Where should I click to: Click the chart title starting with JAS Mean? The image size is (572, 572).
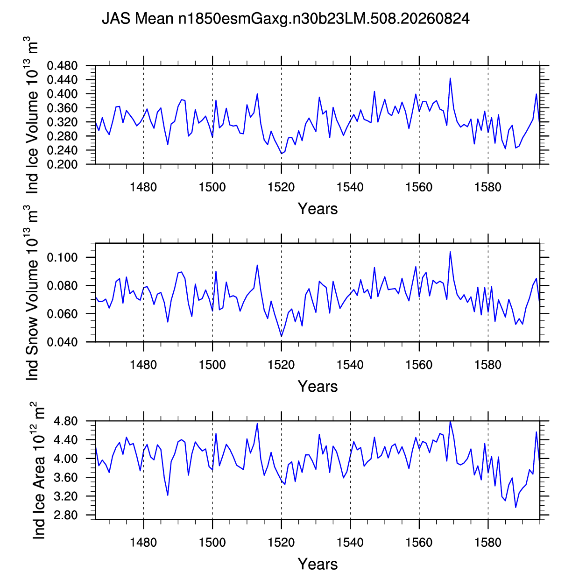[x=286, y=19]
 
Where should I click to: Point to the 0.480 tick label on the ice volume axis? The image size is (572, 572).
[x=62, y=66]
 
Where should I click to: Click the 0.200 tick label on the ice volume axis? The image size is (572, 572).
[x=62, y=164]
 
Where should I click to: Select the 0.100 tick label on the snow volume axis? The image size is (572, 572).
[x=62, y=257]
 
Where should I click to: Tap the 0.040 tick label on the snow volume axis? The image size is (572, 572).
[x=62, y=342]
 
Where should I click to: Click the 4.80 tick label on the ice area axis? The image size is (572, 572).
[x=65, y=421]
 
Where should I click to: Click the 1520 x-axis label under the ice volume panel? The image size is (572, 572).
[x=281, y=187]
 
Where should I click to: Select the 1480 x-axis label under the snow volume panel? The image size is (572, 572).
[x=143, y=365]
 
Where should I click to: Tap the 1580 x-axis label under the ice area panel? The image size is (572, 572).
[x=488, y=543]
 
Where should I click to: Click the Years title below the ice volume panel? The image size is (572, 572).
[x=318, y=209]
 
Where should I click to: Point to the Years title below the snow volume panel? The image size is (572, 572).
[x=318, y=387]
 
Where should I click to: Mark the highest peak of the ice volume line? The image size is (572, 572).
[x=450, y=78]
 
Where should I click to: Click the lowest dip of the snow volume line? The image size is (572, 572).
[x=282, y=336]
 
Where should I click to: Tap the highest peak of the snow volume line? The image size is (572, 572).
[x=450, y=252]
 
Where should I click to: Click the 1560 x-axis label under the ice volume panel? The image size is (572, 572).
[x=419, y=187]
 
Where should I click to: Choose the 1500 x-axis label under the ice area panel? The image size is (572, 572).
[x=212, y=543]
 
